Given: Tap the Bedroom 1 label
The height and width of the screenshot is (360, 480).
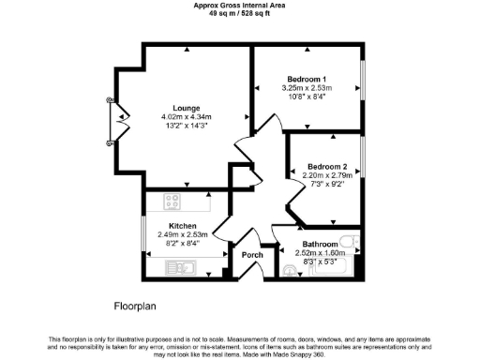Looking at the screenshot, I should (306, 79).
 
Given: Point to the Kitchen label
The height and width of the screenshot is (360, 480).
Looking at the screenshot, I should (182, 226).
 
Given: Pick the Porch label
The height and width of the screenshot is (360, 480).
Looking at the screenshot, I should (252, 255).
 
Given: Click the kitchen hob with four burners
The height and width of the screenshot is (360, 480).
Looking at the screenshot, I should (172, 199).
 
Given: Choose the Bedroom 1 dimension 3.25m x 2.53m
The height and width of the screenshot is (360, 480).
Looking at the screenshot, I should (306, 88).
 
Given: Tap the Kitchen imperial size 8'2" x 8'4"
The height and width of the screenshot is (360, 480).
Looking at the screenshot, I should (182, 243).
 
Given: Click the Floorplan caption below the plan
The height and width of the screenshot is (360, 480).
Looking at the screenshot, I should (140, 306).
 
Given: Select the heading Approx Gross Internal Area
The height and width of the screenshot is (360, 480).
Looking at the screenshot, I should (239, 6).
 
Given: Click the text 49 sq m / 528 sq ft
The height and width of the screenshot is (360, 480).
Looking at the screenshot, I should (239, 14).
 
